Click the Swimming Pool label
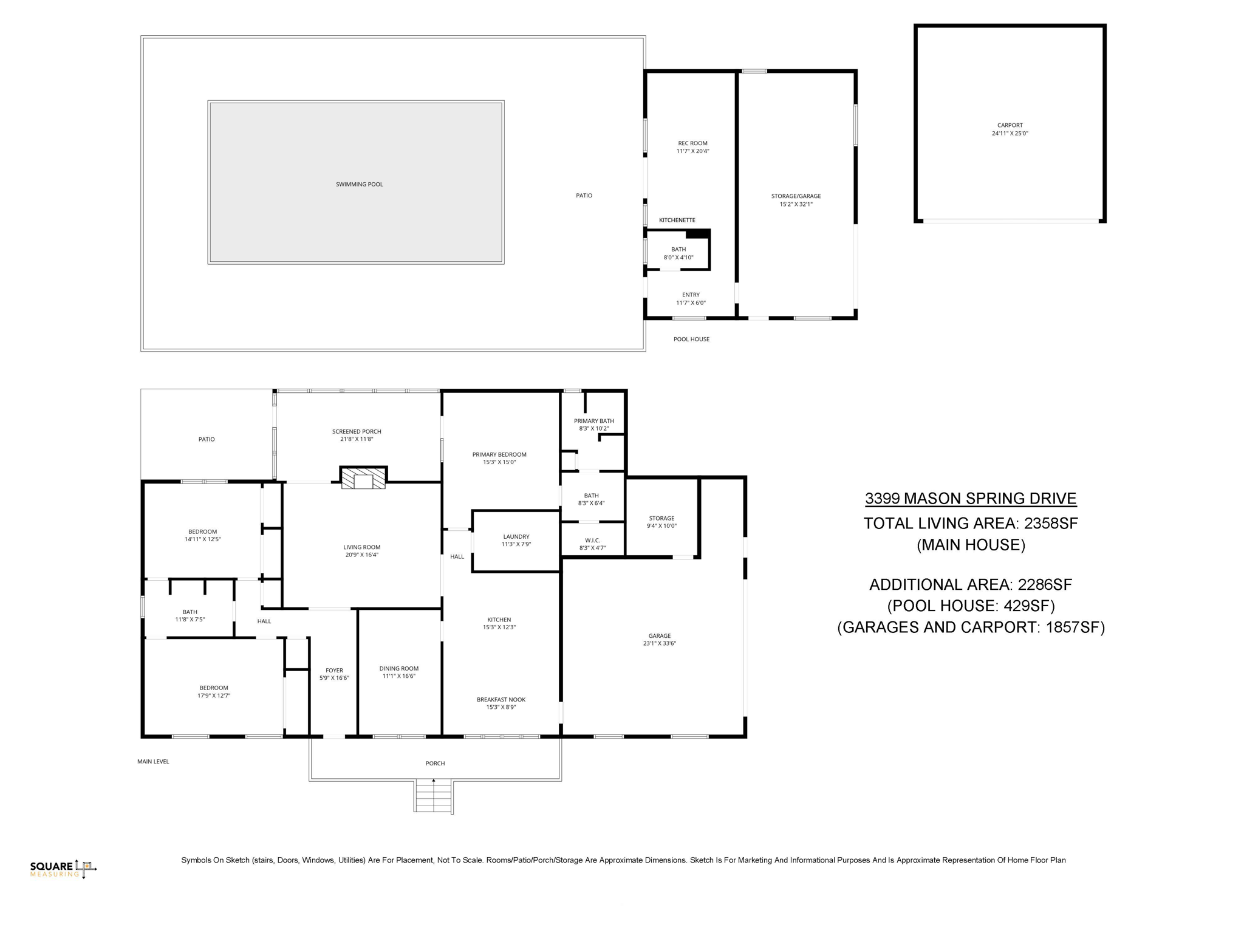(359, 184)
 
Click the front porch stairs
(434, 796)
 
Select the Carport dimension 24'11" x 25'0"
(1010, 134)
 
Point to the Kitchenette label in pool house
(677, 220)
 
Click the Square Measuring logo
(63, 869)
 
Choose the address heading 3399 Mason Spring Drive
(971, 499)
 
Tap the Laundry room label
(516, 536)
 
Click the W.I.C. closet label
(592, 540)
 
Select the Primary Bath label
(593, 421)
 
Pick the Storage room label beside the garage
(661, 518)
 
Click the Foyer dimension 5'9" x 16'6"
(334, 678)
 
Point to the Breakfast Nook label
(501, 699)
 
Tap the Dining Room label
(398, 668)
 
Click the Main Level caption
(153, 761)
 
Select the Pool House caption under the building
(691, 339)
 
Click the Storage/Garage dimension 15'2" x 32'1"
(796, 204)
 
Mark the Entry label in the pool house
(691, 295)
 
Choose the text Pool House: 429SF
(971, 606)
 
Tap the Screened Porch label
(357, 431)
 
